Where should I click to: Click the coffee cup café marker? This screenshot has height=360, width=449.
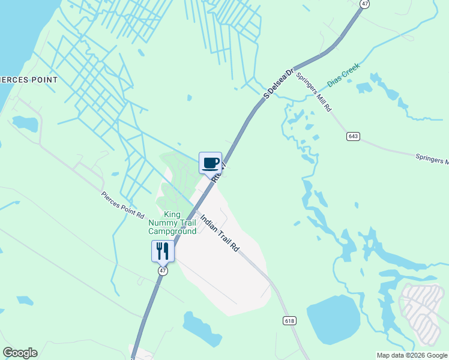point(210,163)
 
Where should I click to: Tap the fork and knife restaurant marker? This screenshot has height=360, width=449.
point(162,251)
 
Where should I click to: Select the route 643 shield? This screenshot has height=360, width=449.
point(353,137)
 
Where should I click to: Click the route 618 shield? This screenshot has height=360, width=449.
point(291,321)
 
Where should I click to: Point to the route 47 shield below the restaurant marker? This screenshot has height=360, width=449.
point(163,271)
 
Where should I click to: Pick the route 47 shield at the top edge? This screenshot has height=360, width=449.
point(364,4)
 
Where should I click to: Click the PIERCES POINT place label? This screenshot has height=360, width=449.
point(29,80)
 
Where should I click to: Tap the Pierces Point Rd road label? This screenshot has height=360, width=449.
point(122,205)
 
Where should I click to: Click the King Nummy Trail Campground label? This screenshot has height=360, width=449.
point(172,223)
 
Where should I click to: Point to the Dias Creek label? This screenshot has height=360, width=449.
point(343,75)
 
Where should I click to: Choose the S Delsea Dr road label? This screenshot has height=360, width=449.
point(279,84)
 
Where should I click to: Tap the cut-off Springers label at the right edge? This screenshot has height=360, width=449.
point(432,159)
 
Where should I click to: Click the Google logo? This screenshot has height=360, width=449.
point(20,353)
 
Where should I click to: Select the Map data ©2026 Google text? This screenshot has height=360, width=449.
point(412,355)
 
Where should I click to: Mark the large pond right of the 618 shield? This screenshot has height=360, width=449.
point(333,319)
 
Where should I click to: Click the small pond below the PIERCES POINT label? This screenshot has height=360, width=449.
point(25,124)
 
